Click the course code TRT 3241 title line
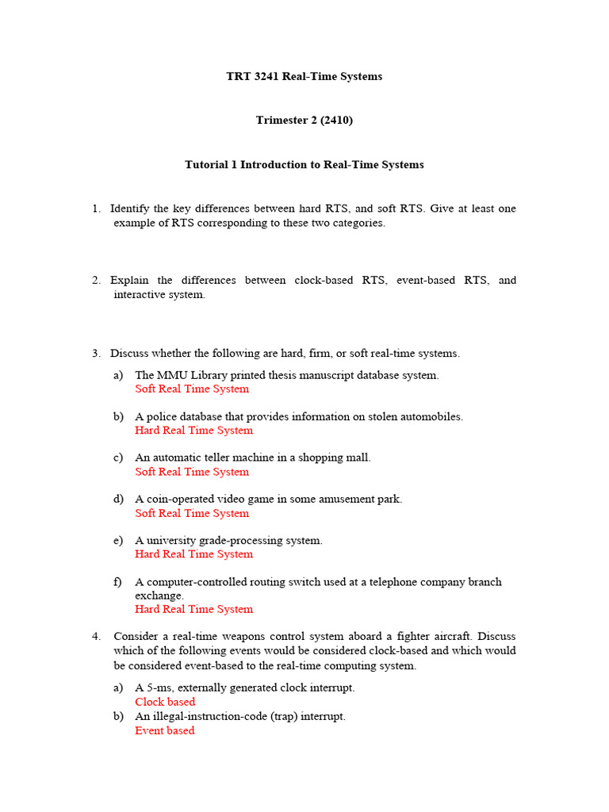304,77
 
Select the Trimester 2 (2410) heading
304,121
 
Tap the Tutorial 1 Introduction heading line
304,165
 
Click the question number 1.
96,209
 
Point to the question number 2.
96,280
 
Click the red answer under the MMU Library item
192,389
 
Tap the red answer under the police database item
194,431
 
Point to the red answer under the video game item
192,513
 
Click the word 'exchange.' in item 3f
159,596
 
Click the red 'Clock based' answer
165,702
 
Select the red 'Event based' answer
164,730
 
